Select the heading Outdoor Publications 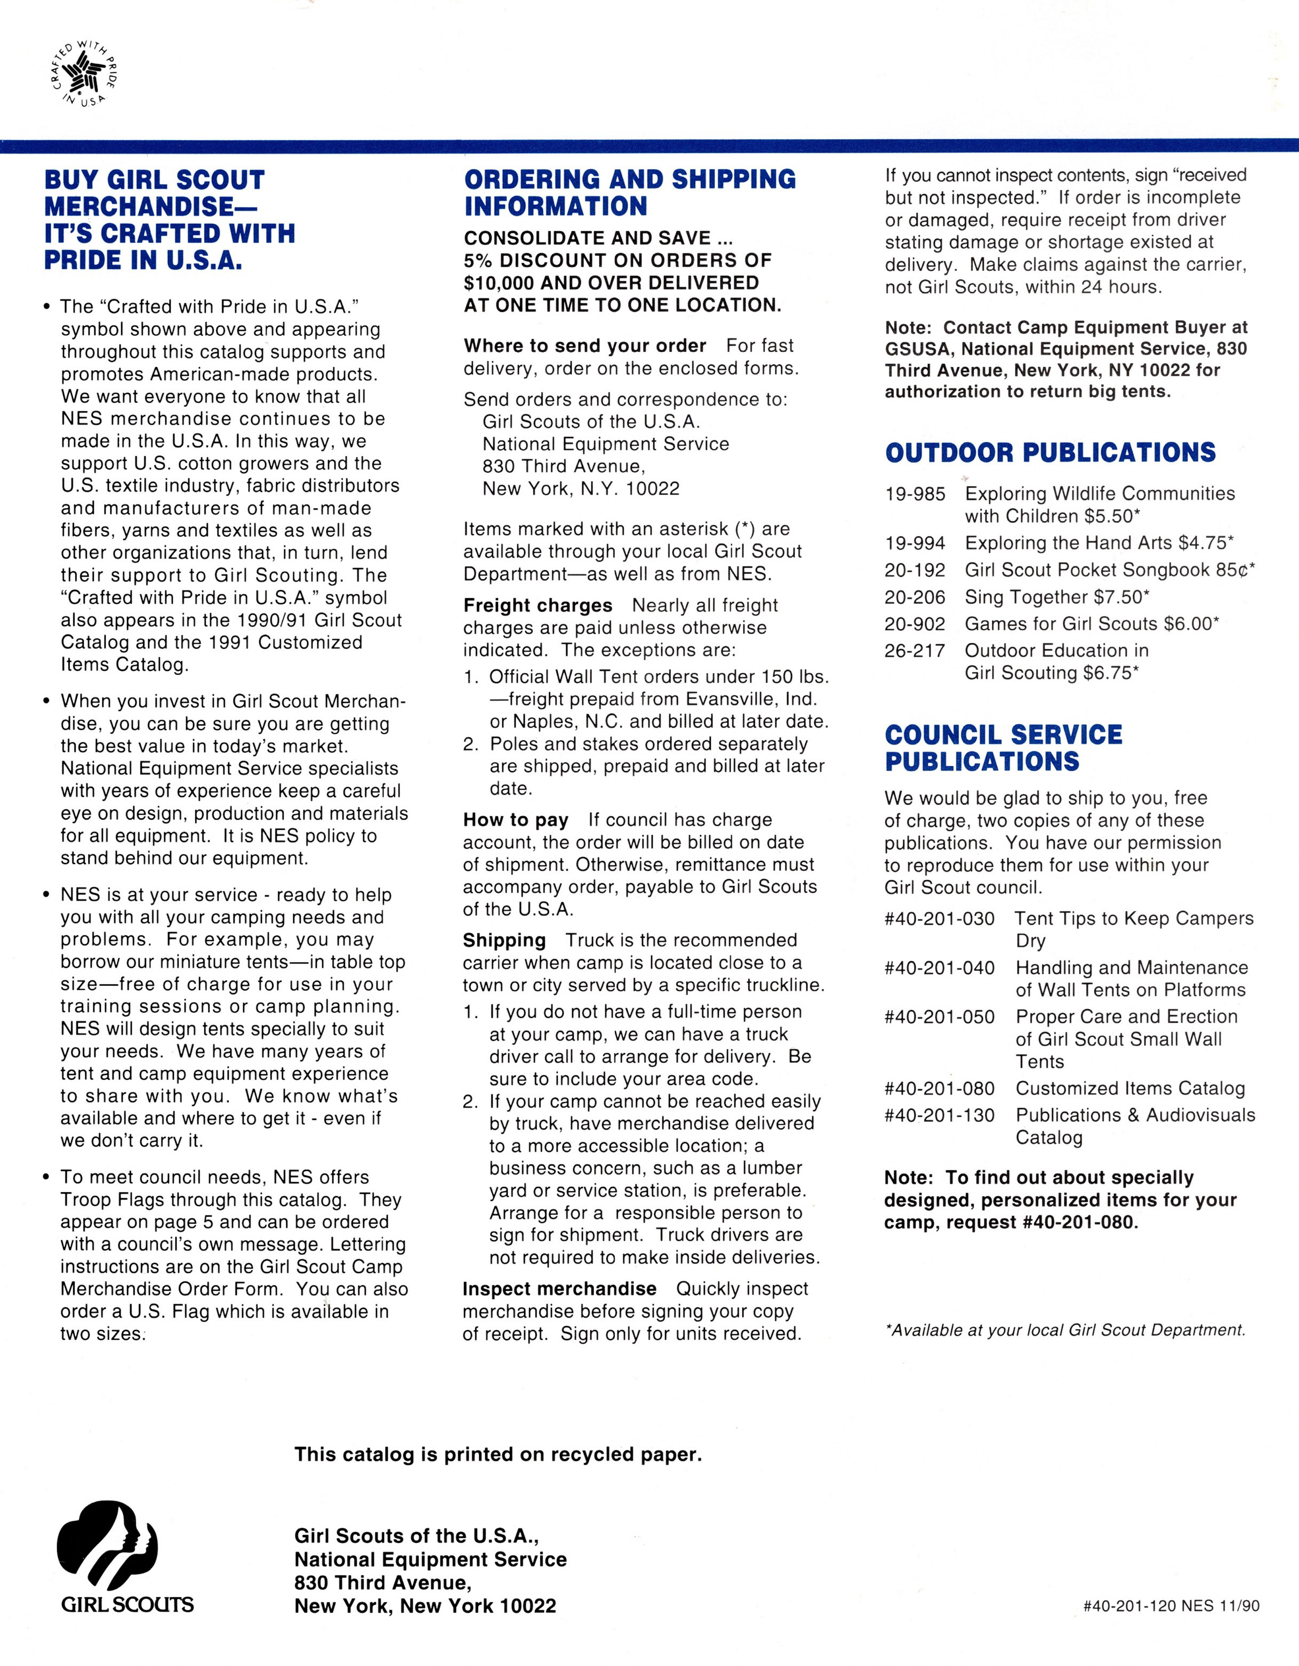(x=1050, y=452)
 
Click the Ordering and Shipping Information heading (x=630, y=192)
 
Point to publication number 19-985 (x=915, y=494)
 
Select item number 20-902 (x=915, y=624)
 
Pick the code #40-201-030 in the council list (x=939, y=918)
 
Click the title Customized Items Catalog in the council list (x=1129, y=1088)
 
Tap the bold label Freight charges (x=538, y=605)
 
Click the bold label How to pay (x=515, y=820)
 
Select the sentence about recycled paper (x=498, y=1455)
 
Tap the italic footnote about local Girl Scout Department (x=1065, y=1330)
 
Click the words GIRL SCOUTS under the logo (x=127, y=1604)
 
